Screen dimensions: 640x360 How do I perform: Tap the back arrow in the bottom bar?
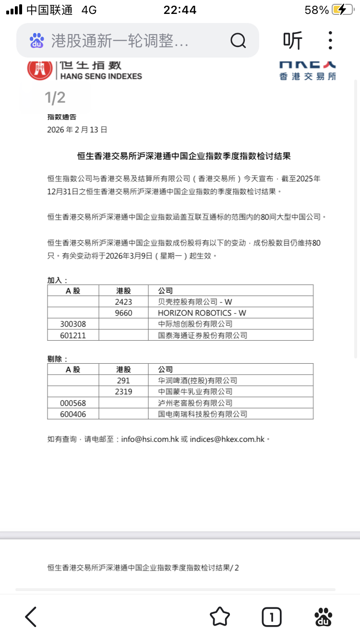[31, 616]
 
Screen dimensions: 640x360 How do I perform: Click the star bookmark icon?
[220, 616]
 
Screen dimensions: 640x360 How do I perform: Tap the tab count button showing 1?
[272, 617]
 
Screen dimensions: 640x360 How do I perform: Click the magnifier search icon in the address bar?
[238, 41]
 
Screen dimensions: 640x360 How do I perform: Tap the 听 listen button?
[293, 41]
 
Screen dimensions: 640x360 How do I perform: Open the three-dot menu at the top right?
[330, 41]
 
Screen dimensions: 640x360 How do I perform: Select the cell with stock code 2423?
[123, 302]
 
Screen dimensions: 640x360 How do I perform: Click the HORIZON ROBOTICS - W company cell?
[202, 313]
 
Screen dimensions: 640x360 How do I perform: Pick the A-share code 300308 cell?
[73, 324]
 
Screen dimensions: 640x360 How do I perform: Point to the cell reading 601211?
[73, 335]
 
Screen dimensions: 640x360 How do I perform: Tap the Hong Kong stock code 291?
[123, 380]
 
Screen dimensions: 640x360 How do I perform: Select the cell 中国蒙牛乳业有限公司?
[195, 391]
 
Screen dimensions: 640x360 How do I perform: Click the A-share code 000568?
[73, 403]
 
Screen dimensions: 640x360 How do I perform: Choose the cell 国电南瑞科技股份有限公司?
[203, 414]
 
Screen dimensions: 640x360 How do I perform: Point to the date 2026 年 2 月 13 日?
[77, 130]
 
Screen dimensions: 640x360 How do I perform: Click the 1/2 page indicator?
[55, 98]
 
